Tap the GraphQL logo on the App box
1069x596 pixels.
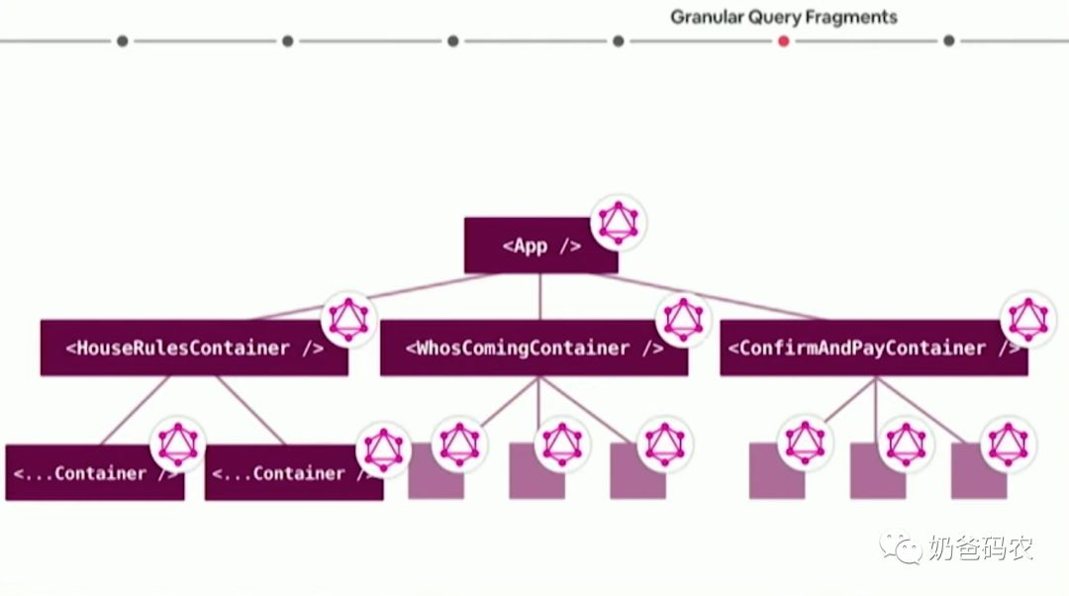pos(619,222)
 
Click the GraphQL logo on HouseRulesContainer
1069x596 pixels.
pos(348,318)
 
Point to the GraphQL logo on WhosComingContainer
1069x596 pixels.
pos(684,318)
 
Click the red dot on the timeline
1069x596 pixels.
pos(783,41)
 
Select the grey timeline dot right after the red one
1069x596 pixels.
pos(948,41)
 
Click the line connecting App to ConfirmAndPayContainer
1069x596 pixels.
pos(693,296)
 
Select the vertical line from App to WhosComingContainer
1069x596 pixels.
pos(540,297)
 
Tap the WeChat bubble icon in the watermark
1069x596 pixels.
pos(902,546)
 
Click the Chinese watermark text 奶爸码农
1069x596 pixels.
pos(980,548)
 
